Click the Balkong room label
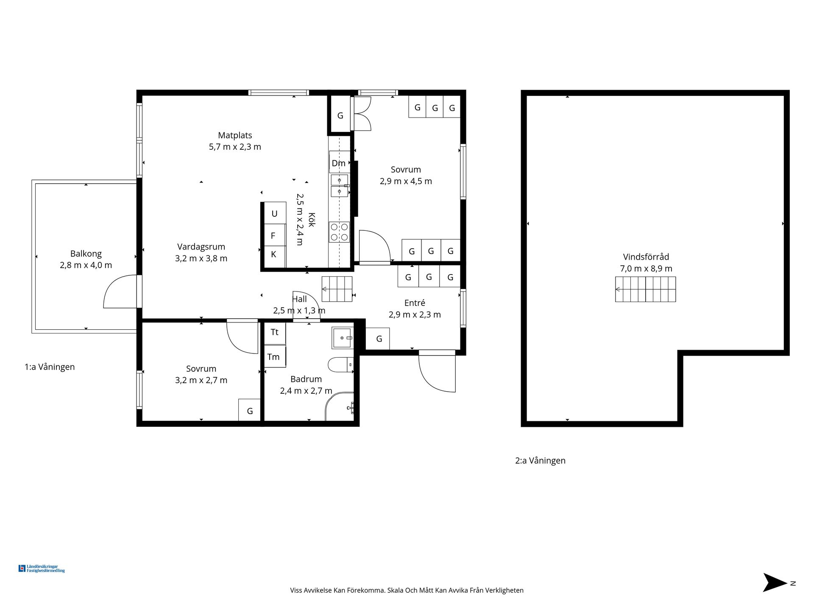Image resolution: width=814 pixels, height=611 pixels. tap(86, 254)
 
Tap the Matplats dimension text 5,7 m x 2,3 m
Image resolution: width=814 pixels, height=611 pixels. tap(235, 147)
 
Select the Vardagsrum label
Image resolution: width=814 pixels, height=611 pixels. tap(201, 247)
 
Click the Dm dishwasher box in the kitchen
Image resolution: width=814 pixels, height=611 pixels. tap(339, 163)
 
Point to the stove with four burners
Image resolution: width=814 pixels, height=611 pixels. tap(339, 232)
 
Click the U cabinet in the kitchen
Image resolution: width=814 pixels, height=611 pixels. tap(275, 213)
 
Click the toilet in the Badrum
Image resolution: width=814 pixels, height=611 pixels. tap(340, 364)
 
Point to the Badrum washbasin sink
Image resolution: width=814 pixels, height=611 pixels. tap(343, 338)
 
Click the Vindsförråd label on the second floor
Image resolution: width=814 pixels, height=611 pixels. tap(646, 257)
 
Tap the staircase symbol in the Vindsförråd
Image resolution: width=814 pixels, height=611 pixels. tap(645, 289)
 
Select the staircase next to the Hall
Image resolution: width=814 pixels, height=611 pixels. tap(337, 289)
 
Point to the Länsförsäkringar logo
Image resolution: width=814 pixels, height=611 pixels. tap(42, 569)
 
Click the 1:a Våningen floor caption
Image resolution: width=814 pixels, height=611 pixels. tap(50, 367)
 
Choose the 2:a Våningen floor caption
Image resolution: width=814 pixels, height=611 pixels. tap(540, 460)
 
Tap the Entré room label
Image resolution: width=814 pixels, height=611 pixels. tap(415, 303)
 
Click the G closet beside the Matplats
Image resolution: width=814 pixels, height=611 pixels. tap(340, 115)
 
